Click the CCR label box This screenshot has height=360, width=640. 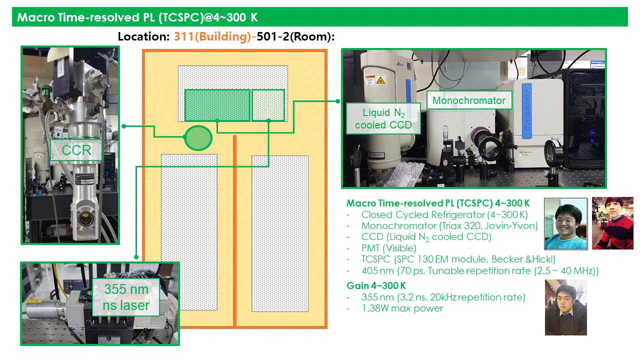[x=76, y=150]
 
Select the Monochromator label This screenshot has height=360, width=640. [x=469, y=100]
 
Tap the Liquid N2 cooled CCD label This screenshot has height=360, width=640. [x=383, y=118]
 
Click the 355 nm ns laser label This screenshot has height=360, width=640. [x=126, y=297]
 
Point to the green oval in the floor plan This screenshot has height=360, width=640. [x=198, y=137]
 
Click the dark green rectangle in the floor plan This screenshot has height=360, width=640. [x=217, y=105]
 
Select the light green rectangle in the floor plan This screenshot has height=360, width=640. [x=268, y=105]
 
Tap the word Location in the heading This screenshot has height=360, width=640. [x=144, y=36]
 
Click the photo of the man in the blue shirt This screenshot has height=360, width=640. [x=565, y=223]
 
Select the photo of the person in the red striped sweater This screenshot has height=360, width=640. [x=612, y=223]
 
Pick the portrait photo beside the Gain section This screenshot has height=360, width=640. [x=565, y=307]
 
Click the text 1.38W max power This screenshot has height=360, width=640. [x=402, y=308]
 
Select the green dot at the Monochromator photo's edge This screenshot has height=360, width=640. [x=338, y=100]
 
